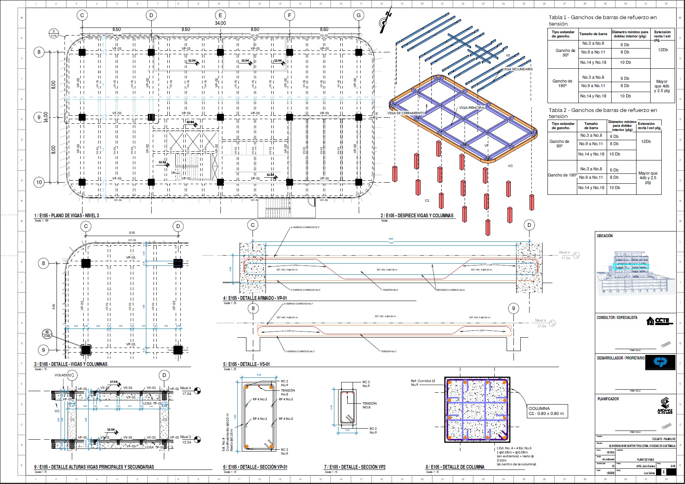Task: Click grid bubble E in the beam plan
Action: click(220, 15)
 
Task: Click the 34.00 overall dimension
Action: click(220, 23)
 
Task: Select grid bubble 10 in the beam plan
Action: click(39, 182)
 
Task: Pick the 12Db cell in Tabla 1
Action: click(662, 50)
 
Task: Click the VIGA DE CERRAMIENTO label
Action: click(406, 113)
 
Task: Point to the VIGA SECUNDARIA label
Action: click(518, 69)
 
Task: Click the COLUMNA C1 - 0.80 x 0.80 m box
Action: click(546, 411)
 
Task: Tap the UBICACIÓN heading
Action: click(604, 236)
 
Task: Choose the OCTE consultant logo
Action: click(659, 321)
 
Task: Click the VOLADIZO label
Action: click(63, 375)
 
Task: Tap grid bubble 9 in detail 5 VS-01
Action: click(513, 308)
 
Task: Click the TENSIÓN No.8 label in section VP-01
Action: click(288, 392)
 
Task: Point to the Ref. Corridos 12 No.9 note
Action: click(423, 383)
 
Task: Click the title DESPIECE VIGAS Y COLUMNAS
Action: click(417, 216)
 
